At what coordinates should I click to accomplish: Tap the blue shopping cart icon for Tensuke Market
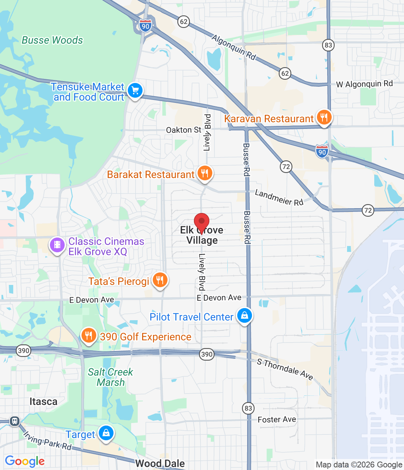[x=135, y=90]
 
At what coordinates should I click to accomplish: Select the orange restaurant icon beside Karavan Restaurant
[x=324, y=117]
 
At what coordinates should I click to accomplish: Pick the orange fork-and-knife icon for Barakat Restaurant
[x=205, y=173]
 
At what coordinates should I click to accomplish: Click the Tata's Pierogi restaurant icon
[x=159, y=280]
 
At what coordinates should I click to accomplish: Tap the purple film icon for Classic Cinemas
[x=57, y=245]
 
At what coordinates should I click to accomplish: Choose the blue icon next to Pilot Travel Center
[x=244, y=315]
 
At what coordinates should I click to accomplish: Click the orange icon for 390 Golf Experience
[x=89, y=336]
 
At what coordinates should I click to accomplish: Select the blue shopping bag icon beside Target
[x=106, y=434]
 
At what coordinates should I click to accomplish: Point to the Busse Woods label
[x=52, y=40]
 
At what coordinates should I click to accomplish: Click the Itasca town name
[x=43, y=402]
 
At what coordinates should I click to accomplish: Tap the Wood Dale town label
[x=160, y=464]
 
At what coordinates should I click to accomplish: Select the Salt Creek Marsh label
[x=111, y=377]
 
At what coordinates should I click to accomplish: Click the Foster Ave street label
[x=277, y=419]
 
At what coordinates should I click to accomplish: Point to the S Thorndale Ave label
[x=285, y=369]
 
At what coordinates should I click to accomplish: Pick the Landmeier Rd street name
[x=279, y=198]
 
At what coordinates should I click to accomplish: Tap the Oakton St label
[x=184, y=130]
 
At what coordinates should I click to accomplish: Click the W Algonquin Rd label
[x=364, y=84]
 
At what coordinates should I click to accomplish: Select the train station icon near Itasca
[x=15, y=421]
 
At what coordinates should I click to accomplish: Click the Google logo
[x=25, y=461]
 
